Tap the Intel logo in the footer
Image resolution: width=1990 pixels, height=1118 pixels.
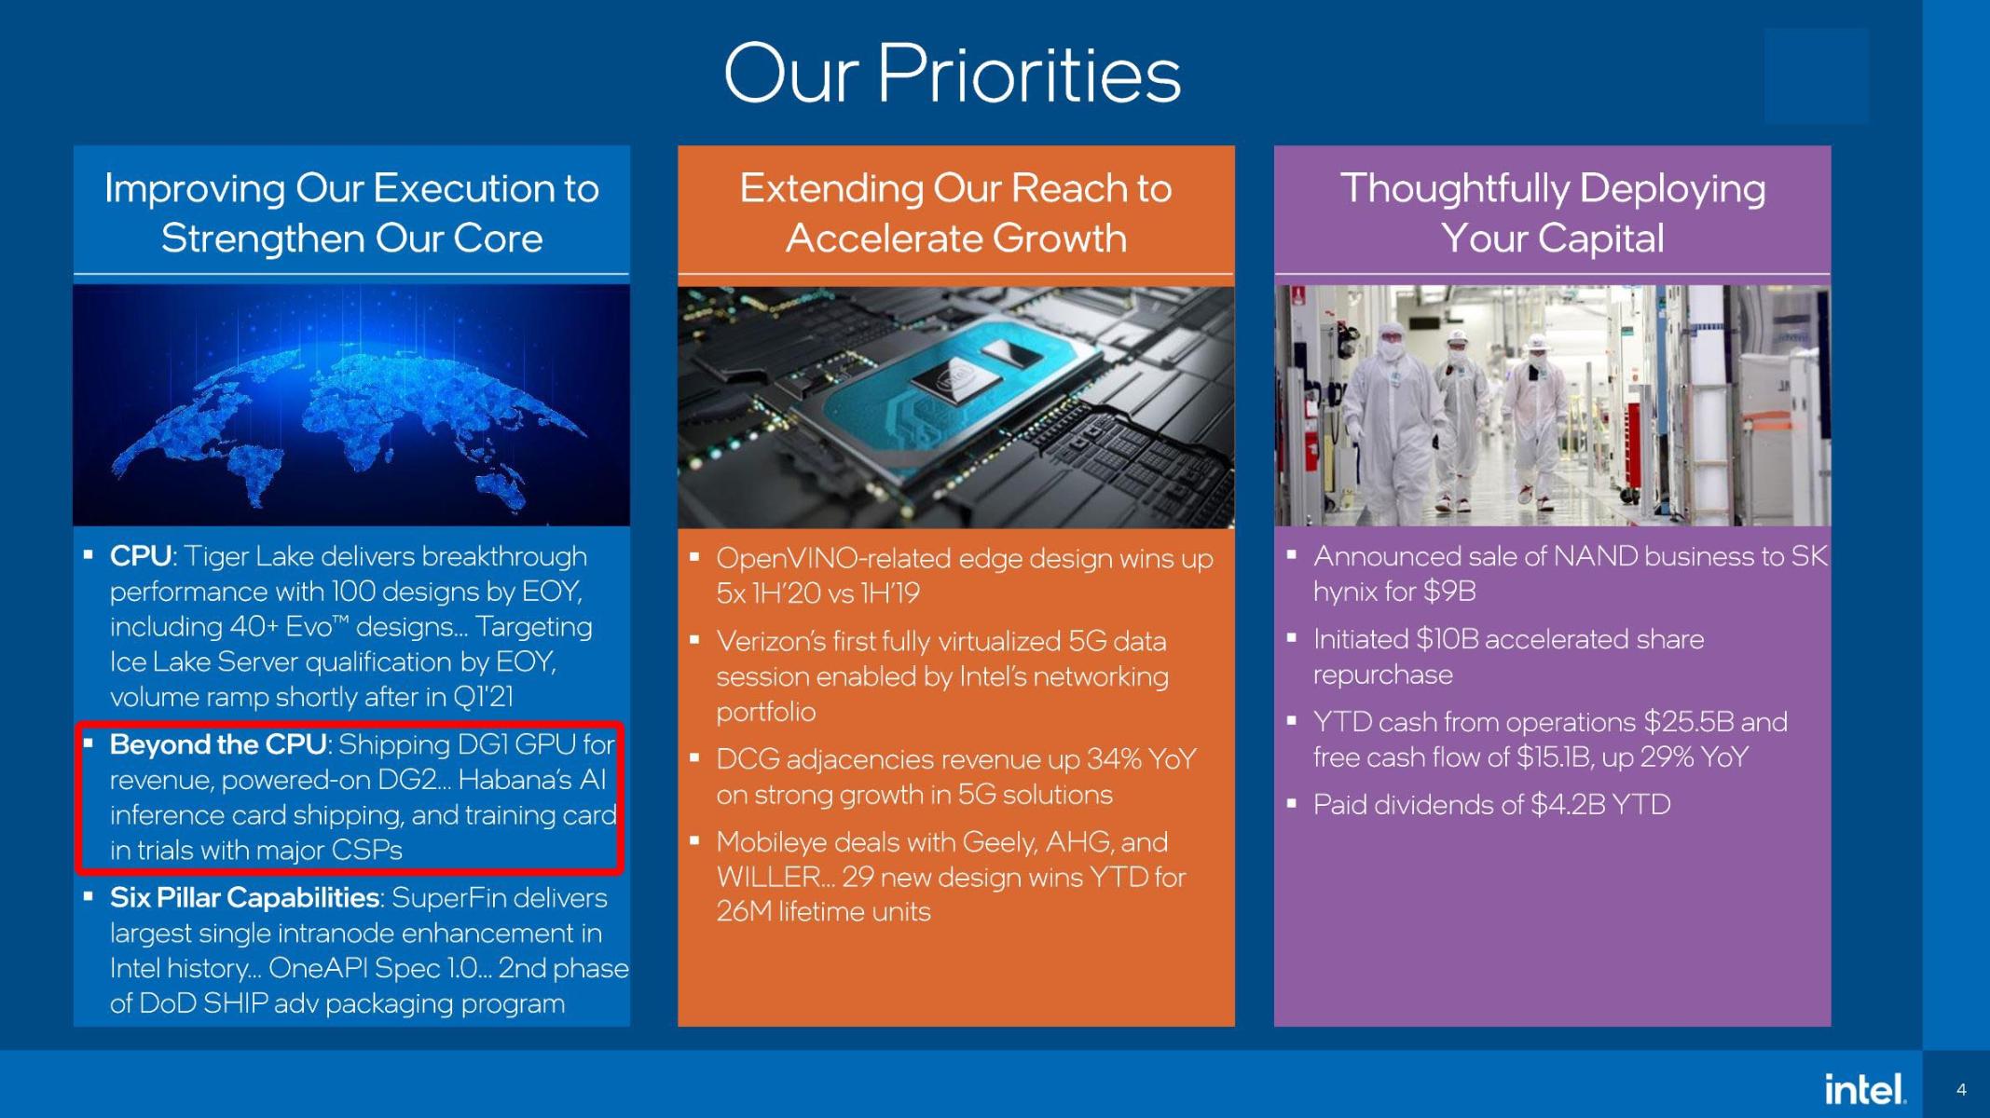[1864, 1088]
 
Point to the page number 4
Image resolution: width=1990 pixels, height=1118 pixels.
[1961, 1089]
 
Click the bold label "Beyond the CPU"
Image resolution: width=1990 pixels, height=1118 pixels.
[218, 744]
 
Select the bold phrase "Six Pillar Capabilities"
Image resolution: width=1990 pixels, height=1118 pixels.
[244, 897]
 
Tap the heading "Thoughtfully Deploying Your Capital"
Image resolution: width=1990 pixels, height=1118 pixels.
[1553, 212]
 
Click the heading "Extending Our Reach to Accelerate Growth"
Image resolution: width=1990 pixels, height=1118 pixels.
[956, 212]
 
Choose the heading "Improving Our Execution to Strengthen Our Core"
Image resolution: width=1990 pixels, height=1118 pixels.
[351, 212]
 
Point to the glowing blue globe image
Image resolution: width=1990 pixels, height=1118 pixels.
[351, 406]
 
